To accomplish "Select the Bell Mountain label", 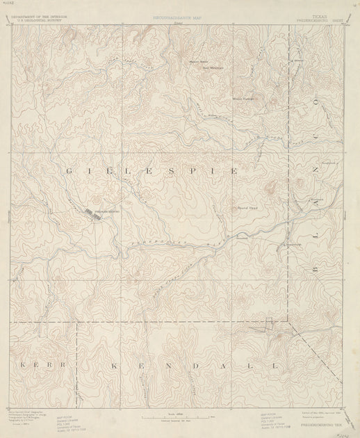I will tap(210, 68).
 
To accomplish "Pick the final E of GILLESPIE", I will tap(235, 170).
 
